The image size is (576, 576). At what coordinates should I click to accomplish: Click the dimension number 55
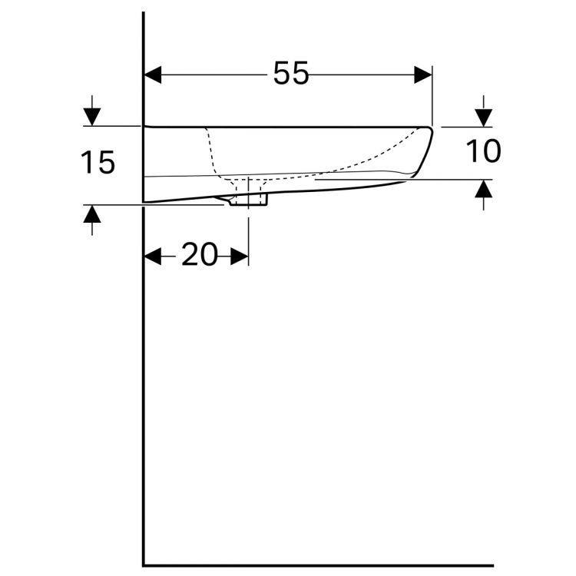291,73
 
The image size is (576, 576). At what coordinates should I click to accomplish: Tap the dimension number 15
98,162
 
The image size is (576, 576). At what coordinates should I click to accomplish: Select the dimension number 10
483,151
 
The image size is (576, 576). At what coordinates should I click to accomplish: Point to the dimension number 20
200,254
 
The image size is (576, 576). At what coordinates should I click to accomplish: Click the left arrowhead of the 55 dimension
153,75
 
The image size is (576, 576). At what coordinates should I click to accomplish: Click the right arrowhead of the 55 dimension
423,75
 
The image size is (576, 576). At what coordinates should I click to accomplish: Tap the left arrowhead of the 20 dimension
153,256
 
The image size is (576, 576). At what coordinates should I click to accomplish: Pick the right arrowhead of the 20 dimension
240,256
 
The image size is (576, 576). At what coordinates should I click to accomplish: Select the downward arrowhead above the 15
92,118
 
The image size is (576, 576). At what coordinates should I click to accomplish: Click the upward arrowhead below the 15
92,214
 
